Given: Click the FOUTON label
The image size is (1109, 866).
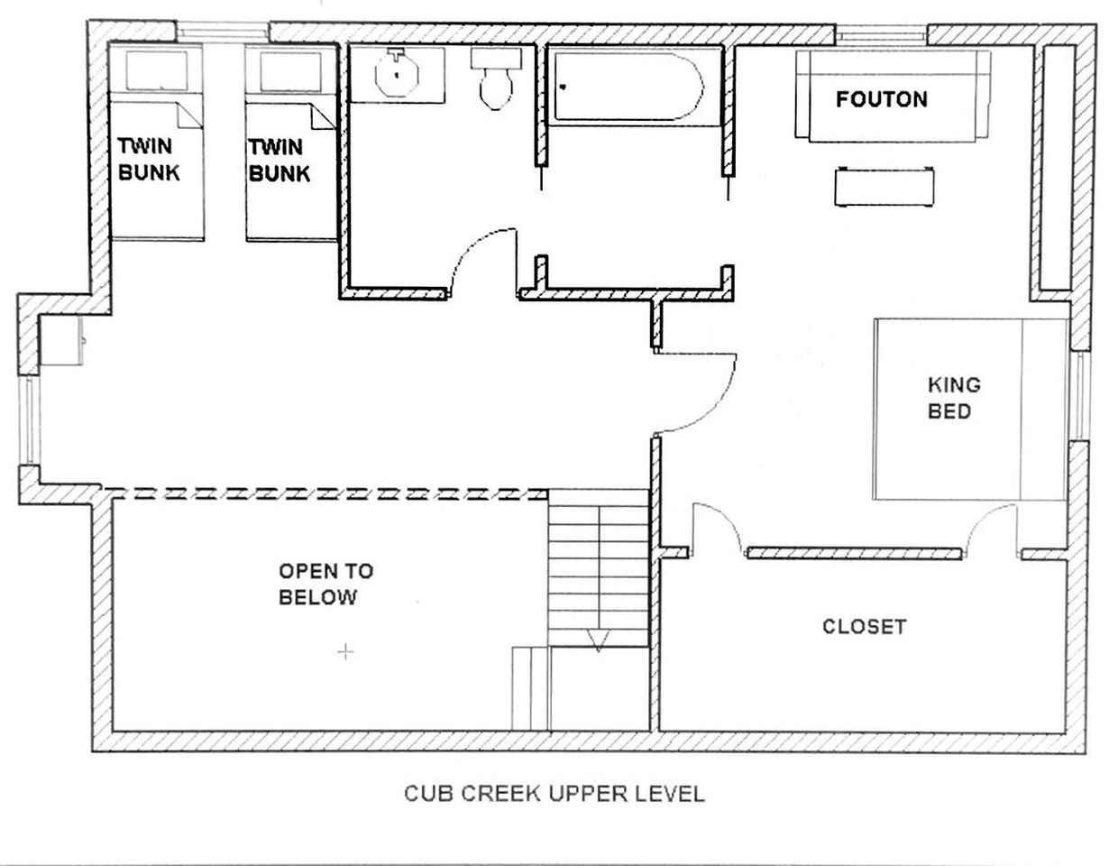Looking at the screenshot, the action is click(882, 99).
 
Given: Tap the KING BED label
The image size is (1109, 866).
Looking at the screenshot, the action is click(954, 398).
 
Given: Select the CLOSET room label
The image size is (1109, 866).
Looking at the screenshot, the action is click(864, 627).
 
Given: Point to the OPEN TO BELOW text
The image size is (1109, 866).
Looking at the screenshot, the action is click(325, 585).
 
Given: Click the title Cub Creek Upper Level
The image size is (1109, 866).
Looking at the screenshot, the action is click(554, 794).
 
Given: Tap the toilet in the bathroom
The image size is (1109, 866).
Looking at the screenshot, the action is click(496, 79).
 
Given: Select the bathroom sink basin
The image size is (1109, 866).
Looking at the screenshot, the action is click(397, 76).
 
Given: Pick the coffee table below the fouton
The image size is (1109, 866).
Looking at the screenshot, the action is click(884, 187).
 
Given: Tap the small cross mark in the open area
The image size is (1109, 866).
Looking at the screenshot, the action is click(345, 652).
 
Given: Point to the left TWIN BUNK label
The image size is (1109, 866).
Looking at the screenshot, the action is click(149, 159).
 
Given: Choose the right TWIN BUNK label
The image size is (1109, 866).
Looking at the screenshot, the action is click(280, 160).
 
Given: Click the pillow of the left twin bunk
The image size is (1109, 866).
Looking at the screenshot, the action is click(156, 70).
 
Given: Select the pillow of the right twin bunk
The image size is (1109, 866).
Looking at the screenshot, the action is click(290, 71).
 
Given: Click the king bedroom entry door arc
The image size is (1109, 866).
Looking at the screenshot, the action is click(695, 393).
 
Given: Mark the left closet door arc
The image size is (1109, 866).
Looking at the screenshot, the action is click(717, 529).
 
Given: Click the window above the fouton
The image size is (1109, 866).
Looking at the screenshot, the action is click(881, 34).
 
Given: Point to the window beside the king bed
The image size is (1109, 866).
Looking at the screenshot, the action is click(1081, 396).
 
